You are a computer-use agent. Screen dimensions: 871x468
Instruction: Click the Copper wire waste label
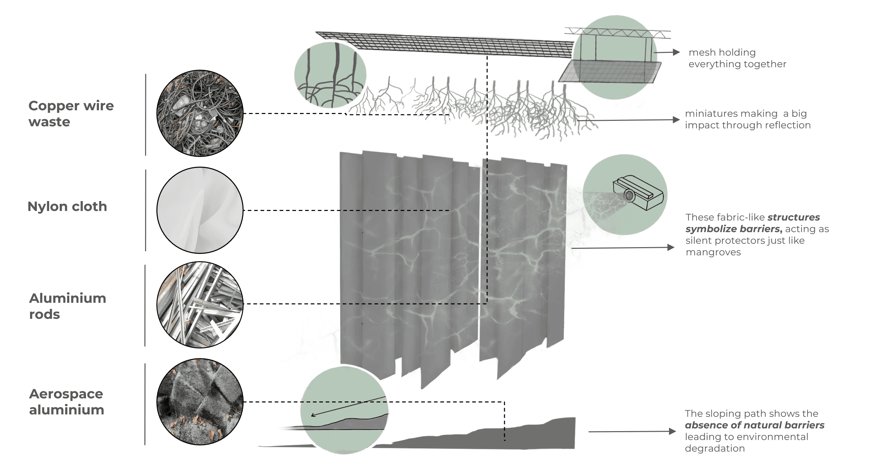coord(71,114)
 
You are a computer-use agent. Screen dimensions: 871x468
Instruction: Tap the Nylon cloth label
coord(67,207)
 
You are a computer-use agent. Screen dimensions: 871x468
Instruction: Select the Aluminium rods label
coord(68,306)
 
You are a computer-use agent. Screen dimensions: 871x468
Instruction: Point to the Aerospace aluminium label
coord(67,401)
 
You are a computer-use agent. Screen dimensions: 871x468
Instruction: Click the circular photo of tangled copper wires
coord(200,113)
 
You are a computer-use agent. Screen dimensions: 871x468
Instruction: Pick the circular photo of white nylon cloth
coord(200,210)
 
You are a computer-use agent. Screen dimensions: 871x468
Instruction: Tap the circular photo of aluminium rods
coord(200,305)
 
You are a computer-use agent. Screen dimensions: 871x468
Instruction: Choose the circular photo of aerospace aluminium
coord(200,401)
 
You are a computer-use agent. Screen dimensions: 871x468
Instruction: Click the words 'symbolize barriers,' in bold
coord(734,229)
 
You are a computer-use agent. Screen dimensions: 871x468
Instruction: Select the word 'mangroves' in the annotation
coord(713,252)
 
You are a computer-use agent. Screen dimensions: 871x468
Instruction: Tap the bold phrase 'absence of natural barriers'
coord(755,425)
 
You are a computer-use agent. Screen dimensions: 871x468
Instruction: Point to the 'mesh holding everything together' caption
coord(737,58)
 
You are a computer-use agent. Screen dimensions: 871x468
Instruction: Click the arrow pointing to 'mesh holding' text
coord(667,52)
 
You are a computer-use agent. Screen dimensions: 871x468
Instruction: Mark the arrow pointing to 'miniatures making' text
coord(628,120)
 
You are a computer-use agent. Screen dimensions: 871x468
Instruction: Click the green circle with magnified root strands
coord(330,75)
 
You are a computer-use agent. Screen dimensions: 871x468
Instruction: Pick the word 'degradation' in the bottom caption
coord(715,448)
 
